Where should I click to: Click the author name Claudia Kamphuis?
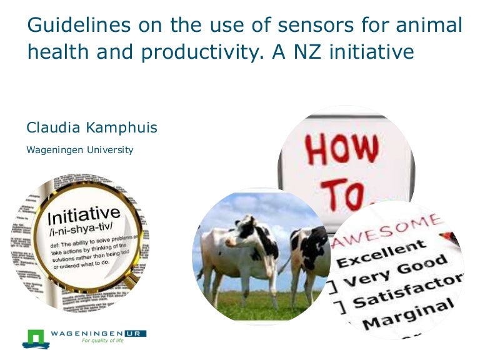92,128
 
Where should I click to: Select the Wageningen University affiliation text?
79,150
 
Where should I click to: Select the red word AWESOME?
387,231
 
